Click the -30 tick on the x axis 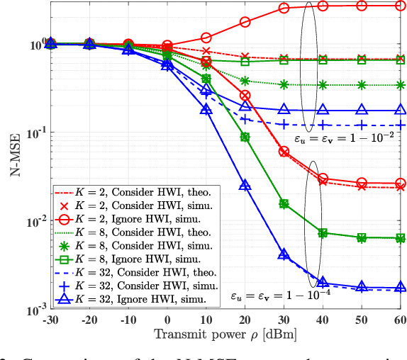coord(50,319)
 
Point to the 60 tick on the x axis coord(400,319)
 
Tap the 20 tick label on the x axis coord(245,319)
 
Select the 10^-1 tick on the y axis coord(34,133)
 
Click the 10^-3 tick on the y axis coord(34,310)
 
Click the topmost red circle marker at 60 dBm coord(400,6)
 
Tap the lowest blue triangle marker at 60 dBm coord(400,288)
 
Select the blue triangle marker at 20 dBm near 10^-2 coord(245,185)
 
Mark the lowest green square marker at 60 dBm coord(400,238)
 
